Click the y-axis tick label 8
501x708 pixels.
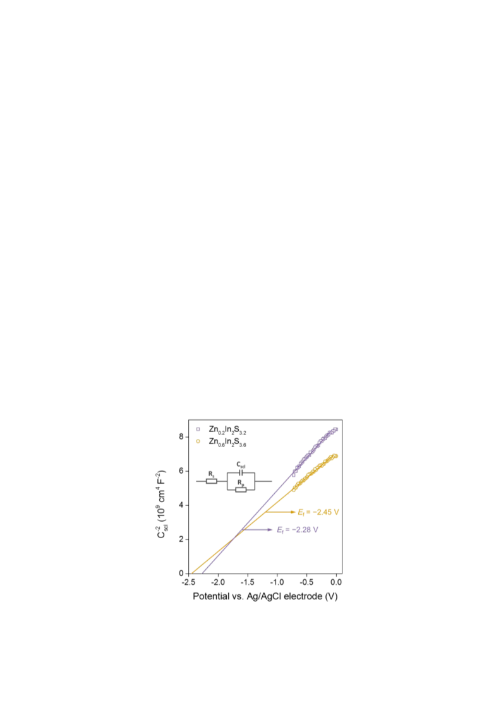pos(181,436)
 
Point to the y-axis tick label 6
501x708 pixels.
pos(181,471)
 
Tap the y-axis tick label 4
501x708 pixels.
pos(181,505)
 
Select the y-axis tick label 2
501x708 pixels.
pos(181,539)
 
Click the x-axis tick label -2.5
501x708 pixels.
pos(189,582)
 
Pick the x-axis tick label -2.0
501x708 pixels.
pos(218,582)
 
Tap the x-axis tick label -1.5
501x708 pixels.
pos(248,582)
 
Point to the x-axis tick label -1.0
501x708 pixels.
pos(277,582)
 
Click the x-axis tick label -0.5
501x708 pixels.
pos(306,582)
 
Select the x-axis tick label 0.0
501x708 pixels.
pos(336,582)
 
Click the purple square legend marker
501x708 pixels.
pos(198,429)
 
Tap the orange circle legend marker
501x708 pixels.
pos(198,441)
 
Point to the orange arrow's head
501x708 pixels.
pos(293,512)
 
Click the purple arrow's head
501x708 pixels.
pos(270,530)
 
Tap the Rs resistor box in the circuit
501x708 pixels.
pos(212,481)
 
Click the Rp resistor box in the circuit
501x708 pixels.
pos(241,490)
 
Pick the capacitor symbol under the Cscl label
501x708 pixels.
pos(241,473)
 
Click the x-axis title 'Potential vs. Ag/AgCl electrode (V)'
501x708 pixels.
pos(265,596)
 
